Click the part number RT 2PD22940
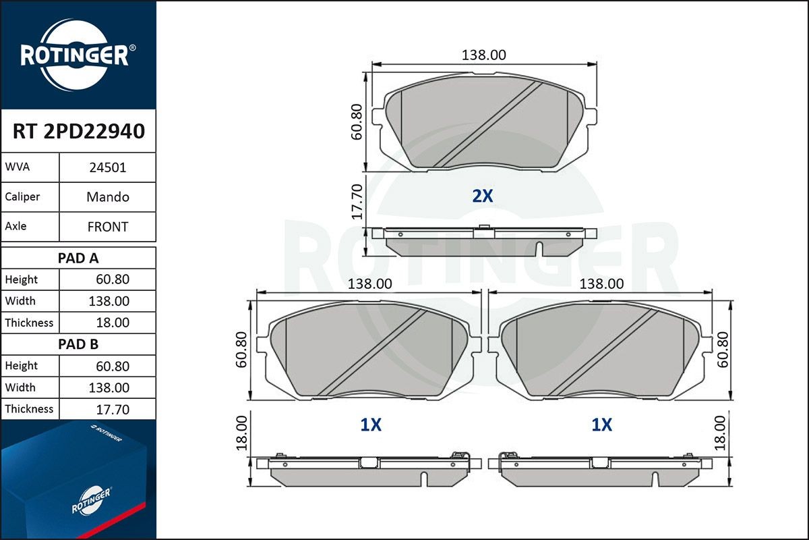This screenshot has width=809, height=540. tap(79, 132)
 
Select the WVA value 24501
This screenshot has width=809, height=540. tap(108, 168)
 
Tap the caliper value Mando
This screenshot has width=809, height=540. tap(108, 197)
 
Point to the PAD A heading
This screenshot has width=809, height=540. tap(78, 259)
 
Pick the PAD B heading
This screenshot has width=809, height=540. tap(78, 344)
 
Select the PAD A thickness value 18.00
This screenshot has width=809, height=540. tap(113, 323)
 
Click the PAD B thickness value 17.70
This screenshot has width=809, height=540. tap(113, 410)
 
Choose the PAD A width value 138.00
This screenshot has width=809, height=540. tap(109, 301)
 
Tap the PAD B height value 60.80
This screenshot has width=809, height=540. tap(113, 367)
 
